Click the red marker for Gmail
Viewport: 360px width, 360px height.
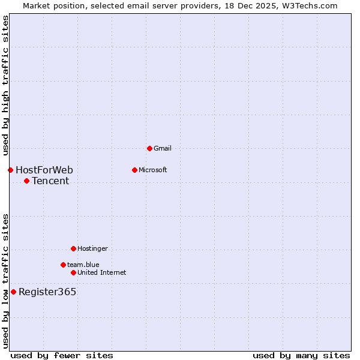click(149, 148)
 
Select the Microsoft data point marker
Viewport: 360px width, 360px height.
click(134, 170)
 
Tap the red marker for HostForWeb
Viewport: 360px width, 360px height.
click(10, 170)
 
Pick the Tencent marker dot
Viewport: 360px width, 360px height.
click(26, 181)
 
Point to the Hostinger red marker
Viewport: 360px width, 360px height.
click(73, 248)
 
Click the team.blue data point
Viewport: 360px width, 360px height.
click(63, 265)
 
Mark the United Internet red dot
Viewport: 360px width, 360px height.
click(73, 272)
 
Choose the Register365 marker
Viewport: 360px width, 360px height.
click(13, 292)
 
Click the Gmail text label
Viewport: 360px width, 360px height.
click(163, 148)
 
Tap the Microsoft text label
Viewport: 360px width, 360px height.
click(152, 170)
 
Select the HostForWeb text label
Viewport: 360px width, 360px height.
click(44, 170)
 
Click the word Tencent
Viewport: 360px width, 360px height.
click(50, 181)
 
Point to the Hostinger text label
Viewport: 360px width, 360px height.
click(92, 248)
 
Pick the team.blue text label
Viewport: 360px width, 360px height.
click(83, 265)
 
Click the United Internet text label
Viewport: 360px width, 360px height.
click(101, 272)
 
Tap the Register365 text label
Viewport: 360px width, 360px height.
click(47, 292)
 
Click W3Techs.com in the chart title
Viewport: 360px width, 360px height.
click(309, 5)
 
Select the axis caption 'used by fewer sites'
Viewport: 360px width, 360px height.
click(62, 355)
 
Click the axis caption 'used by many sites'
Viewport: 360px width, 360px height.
click(301, 355)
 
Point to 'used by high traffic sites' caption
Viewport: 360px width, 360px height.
click(5, 85)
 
